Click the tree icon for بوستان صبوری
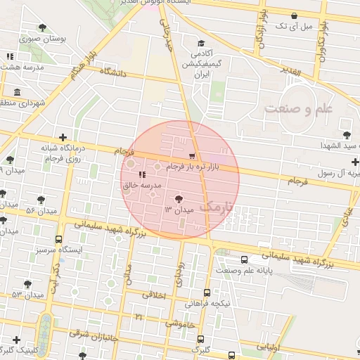click(x=44, y=27)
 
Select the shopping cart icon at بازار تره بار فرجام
click(x=193, y=155)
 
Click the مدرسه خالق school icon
click(x=142, y=174)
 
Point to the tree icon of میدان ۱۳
click(x=178, y=199)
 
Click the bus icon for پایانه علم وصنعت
click(x=244, y=259)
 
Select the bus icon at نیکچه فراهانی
click(x=207, y=292)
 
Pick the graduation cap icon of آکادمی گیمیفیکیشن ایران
click(x=201, y=43)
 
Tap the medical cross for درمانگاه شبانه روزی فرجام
click(x=64, y=137)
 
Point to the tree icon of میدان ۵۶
click(x=41, y=200)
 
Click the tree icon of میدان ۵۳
click(x=28, y=284)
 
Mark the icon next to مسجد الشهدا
click(x=346, y=134)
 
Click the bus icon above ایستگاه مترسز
click(x=58, y=239)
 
